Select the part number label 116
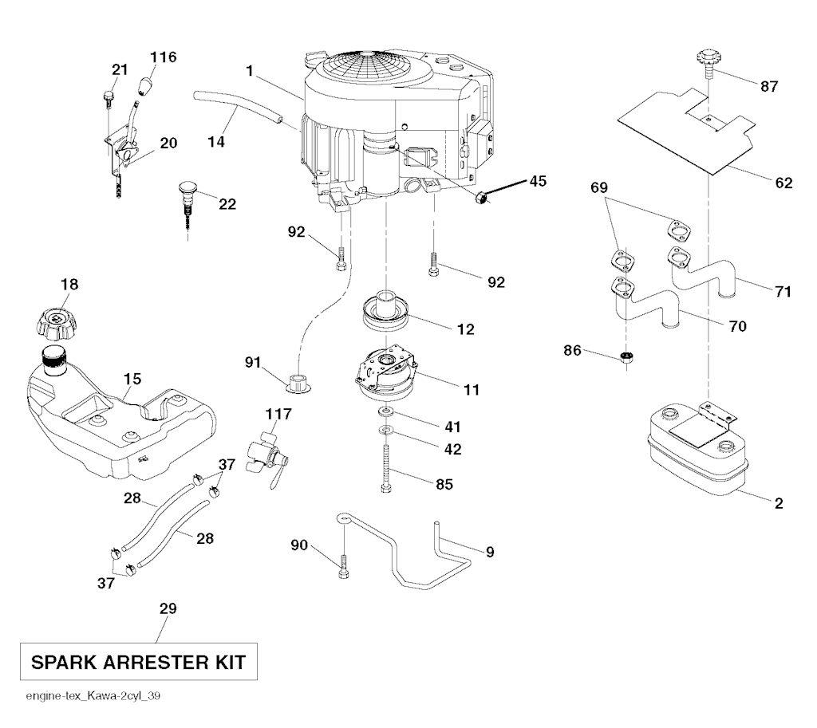(164, 57)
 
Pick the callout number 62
(783, 183)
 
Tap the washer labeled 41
(386, 411)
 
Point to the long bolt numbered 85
(386, 470)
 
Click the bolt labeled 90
(343, 565)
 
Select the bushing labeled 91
(298, 379)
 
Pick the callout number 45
(538, 181)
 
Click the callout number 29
(168, 608)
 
